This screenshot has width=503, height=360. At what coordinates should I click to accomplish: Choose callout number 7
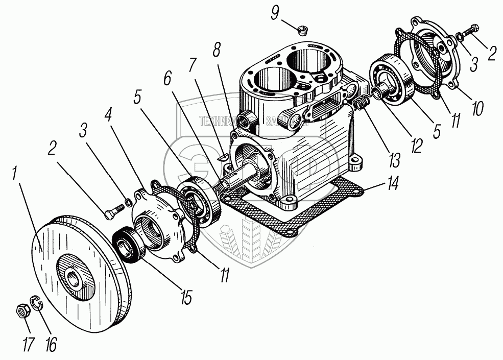click(x=193, y=66)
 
